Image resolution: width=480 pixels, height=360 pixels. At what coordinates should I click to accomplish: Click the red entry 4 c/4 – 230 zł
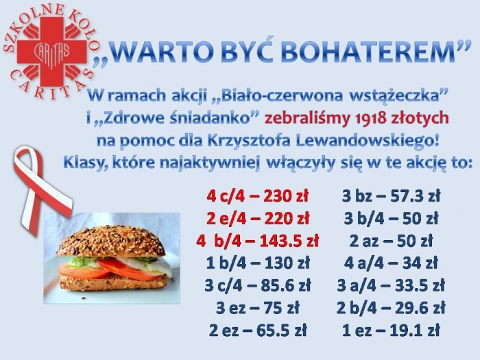coord(257,196)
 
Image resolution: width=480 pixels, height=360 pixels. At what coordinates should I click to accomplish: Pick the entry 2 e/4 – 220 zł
coord(257,218)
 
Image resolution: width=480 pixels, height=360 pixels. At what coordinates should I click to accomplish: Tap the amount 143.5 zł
coord(289,241)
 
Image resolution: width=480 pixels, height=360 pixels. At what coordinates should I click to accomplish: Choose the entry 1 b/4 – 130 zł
coord(258,263)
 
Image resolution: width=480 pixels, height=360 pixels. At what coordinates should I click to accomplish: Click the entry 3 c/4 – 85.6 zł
coord(258,286)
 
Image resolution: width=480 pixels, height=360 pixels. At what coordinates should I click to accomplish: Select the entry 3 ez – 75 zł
coord(257,308)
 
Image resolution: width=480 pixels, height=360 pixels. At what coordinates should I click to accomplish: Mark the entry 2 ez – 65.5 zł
coord(258,331)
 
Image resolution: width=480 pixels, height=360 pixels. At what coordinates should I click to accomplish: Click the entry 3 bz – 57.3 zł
coord(391,196)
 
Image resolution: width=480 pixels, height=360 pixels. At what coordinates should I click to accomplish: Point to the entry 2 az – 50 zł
coord(391,241)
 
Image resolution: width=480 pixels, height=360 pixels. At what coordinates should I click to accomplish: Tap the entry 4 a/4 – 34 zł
coord(391,263)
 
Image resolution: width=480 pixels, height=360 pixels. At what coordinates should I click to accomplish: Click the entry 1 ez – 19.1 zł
coord(391,331)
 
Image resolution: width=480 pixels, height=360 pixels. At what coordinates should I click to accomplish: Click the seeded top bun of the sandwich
coord(110,241)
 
